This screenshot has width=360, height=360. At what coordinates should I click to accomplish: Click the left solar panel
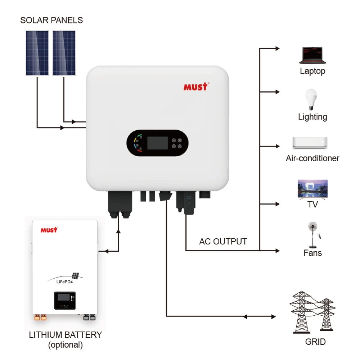pos(37,53)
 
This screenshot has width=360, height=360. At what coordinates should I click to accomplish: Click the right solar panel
pos(64,53)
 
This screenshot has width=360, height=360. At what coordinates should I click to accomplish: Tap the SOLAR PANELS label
pos(51,20)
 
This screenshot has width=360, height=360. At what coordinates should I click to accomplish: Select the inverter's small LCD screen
pos(157,143)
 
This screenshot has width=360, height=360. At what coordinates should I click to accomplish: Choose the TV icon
pos(312,189)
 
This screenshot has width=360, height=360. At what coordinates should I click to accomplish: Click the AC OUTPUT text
pos(223,242)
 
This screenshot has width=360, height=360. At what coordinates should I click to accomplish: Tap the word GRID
pos(315,341)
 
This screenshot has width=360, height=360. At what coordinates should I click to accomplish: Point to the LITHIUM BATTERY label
pos(65,335)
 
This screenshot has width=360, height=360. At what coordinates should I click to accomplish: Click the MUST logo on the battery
pos(49,230)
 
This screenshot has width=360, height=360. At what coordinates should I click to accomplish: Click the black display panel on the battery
pos(65,300)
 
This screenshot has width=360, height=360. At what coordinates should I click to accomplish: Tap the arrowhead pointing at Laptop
pos(277,48)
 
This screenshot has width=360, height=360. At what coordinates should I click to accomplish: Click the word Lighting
pos(312,117)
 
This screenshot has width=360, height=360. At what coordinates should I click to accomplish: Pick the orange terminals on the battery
pos(40,318)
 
